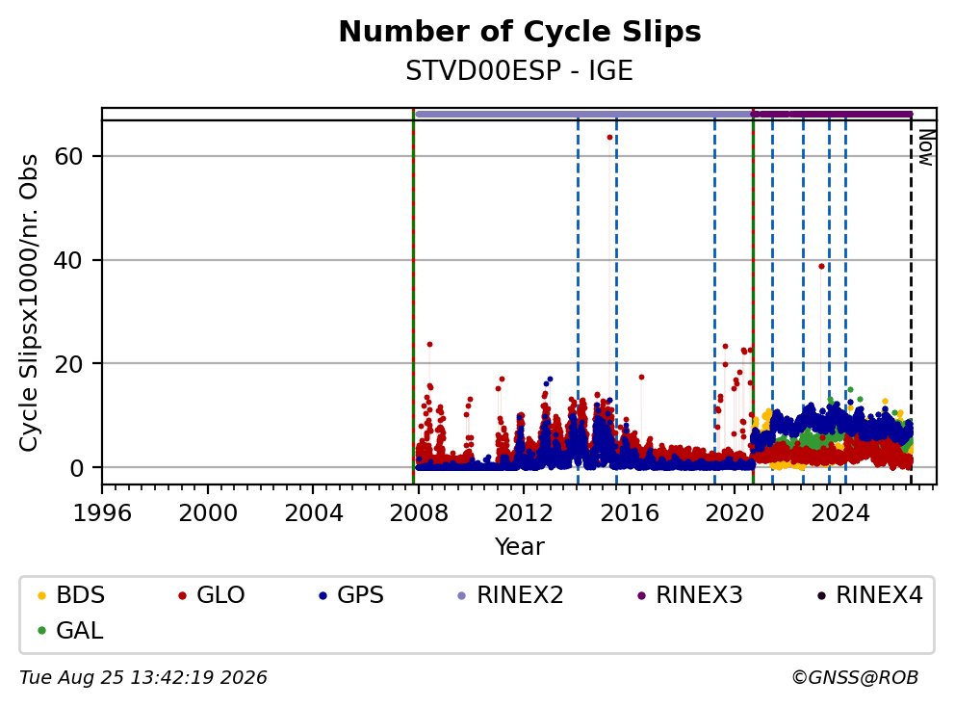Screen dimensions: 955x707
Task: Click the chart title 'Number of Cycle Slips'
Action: click(520, 32)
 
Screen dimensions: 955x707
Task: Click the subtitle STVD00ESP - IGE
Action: click(520, 70)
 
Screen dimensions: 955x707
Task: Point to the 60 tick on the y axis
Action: click(68, 157)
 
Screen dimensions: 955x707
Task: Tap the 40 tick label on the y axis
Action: click(68, 260)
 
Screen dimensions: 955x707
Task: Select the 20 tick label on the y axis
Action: click(68, 364)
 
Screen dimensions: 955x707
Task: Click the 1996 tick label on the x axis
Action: click(102, 513)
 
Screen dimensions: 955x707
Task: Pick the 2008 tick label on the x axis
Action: click(419, 513)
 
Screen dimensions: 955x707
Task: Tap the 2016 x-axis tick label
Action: click(630, 513)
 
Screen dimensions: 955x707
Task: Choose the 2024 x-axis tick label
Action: click(840, 513)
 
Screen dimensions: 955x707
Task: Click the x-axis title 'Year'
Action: click(520, 547)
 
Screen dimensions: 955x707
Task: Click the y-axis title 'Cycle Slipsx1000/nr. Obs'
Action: click(29, 302)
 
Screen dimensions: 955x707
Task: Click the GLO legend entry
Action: click(212, 595)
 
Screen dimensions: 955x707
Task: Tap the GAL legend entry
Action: click(70, 630)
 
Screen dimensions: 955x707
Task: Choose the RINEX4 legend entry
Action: click(869, 595)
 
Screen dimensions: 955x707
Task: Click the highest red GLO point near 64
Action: click(609, 137)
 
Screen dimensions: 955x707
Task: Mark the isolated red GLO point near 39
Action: click(821, 267)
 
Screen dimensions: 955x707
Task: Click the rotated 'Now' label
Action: click(926, 146)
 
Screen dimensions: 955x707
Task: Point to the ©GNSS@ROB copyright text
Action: click(855, 678)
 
